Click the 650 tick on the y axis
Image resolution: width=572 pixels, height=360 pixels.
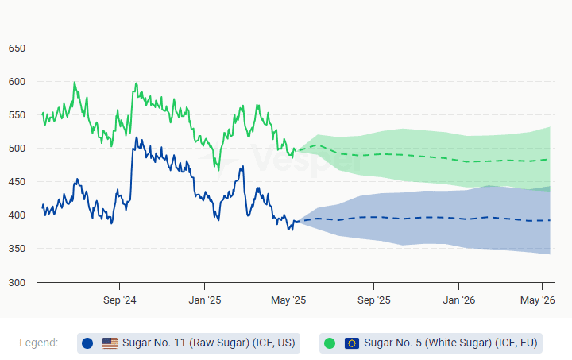coord(17,48)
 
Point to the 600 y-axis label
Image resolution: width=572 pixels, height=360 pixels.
coord(17,82)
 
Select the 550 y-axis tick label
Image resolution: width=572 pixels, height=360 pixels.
coord(17,115)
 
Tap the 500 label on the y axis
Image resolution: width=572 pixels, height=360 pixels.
coord(17,149)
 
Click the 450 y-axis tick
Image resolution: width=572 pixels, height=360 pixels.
coord(17,182)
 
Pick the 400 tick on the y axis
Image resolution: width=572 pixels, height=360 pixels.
coord(17,215)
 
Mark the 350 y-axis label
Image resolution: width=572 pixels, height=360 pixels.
coord(17,249)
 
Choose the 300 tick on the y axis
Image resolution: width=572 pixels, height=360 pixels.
coord(17,282)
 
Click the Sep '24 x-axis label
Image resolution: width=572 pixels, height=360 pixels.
coord(119,300)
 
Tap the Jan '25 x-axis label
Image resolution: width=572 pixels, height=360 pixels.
coord(204,300)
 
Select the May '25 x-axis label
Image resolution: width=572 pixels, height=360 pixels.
coord(288,300)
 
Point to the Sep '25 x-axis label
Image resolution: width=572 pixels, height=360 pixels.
coord(374,300)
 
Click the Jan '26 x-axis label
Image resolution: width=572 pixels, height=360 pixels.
coord(459,300)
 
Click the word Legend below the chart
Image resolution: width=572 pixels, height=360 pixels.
coord(38,343)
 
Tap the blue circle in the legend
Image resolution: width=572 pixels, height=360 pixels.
coord(87,343)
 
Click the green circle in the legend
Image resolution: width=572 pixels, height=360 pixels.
coord(330,343)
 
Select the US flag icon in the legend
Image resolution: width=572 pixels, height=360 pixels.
coord(110,343)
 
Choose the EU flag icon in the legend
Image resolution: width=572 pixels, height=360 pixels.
coord(352,343)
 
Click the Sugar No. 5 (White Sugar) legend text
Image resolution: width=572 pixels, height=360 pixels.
coord(450,343)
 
